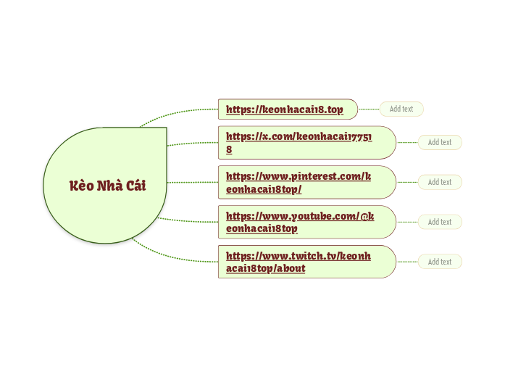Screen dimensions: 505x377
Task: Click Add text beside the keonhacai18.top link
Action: [x=401, y=109]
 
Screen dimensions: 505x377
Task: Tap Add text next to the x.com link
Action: [x=440, y=142]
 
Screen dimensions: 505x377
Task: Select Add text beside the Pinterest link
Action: [x=440, y=182]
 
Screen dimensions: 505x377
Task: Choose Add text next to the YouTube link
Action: [x=440, y=222]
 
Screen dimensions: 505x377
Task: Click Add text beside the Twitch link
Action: [x=440, y=262]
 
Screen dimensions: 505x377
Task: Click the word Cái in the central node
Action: [x=135, y=186]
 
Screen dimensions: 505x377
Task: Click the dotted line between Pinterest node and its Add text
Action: [x=407, y=182]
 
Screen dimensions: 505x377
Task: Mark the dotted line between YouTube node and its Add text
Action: [x=407, y=222]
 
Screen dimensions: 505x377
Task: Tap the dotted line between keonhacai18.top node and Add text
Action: [x=369, y=109]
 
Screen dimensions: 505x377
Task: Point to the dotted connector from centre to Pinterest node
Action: [x=192, y=182]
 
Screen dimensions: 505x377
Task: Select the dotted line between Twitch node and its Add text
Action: [x=407, y=262]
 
